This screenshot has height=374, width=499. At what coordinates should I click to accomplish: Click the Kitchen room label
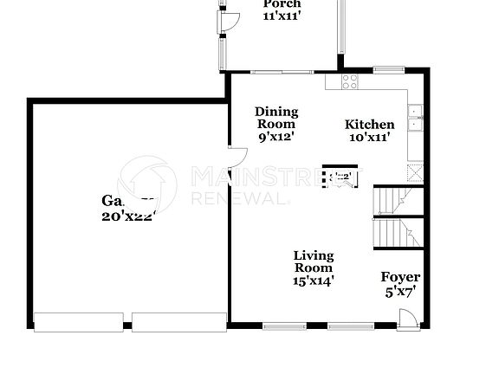(x=370, y=125)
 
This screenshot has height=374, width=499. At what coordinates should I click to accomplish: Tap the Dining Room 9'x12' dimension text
(x=276, y=136)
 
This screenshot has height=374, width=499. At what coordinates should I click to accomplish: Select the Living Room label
(x=313, y=261)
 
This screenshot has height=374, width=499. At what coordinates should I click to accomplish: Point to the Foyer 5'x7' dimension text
(x=400, y=292)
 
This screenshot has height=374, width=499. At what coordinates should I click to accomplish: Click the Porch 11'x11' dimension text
(x=282, y=16)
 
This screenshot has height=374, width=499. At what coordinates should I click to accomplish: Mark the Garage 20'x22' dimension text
(x=128, y=217)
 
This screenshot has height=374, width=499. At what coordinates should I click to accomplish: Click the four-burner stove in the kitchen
(x=350, y=82)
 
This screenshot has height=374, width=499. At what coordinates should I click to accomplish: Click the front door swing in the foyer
(x=405, y=322)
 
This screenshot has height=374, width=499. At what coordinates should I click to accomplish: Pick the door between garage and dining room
(x=238, y=159)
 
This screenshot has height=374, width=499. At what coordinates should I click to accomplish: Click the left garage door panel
(x=79, y=321)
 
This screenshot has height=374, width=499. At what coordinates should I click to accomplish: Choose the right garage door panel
(x=177, y=321)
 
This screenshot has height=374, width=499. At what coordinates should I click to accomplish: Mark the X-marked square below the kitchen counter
(x=417, y=171)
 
